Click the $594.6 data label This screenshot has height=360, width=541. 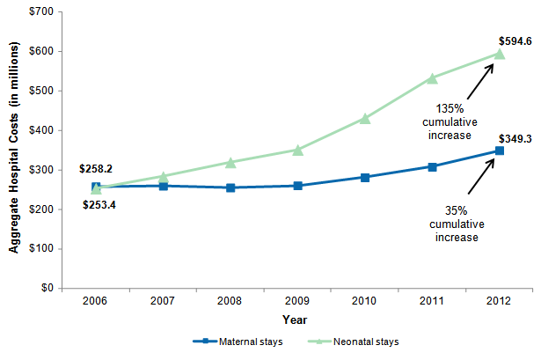pos(514,40)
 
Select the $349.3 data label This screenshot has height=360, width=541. pos(514,137)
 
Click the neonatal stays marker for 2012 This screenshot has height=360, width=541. pos(500,54)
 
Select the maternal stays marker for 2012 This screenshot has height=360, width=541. pos(500,151)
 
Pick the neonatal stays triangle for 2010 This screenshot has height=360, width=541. pos(365,118)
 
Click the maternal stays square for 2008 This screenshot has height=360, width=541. pos(230,187)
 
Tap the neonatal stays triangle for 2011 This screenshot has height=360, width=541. pos(432,78)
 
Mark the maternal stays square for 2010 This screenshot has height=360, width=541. pos(365,177)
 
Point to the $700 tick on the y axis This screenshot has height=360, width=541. pos(40,12)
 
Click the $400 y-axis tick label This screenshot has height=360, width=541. pos(40,130)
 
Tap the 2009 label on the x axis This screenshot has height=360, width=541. pos(297,301)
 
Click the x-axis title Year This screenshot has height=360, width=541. pos(295,319)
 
